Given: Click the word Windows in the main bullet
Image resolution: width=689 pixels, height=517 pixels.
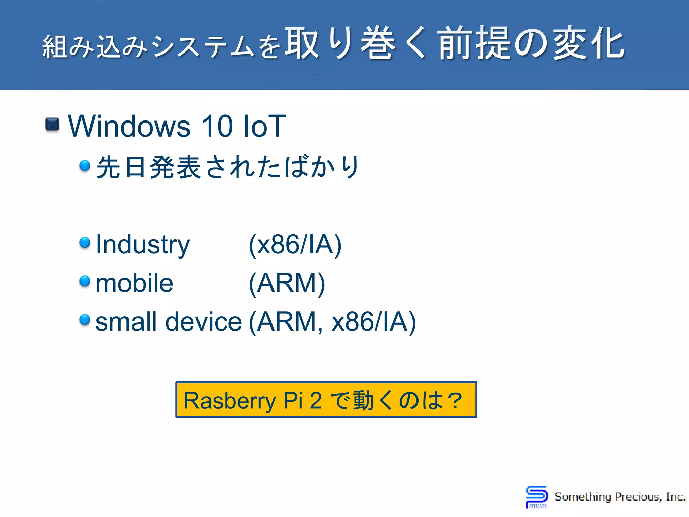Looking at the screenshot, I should [129, 126].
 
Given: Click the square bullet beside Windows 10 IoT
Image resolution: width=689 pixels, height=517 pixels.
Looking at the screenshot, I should [52, 124].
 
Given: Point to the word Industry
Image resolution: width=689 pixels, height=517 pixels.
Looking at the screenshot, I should [143, 245].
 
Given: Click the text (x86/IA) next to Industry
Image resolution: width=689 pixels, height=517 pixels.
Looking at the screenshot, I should [295, 245].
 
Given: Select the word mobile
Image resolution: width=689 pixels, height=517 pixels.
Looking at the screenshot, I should [134, 283].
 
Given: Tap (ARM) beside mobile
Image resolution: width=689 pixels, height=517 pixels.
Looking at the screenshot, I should [287, 283].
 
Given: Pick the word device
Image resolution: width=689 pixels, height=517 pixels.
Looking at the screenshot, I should [203, 322].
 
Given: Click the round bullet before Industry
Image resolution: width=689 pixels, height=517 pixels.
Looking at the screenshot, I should [85, 242].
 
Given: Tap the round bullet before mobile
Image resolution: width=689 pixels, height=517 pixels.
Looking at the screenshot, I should [85, 281].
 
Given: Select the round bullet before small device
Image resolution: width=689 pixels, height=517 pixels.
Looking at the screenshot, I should [85, 319].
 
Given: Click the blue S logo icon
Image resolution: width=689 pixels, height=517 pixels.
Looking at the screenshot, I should [537, 496].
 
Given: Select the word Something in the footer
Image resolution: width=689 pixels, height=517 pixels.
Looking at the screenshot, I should [583, 497].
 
